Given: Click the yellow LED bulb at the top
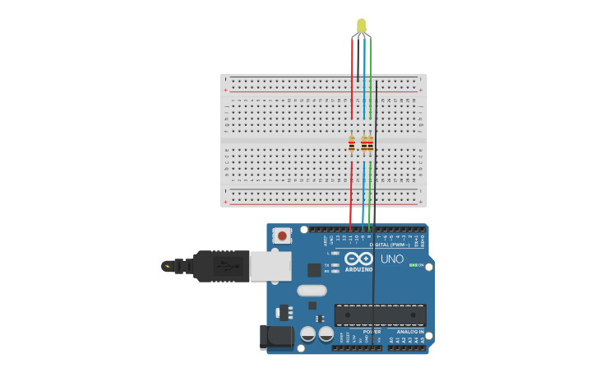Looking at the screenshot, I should tap(362, 26).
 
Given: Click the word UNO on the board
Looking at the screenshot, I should tap(392, 259).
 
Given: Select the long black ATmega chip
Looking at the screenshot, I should tap(380, 315).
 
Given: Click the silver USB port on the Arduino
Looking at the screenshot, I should tap(270, 266).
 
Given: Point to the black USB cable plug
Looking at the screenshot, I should tap(221, 266).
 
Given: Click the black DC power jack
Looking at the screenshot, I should tap(277, 337).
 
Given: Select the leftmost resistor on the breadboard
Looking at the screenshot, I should tap(352, 144).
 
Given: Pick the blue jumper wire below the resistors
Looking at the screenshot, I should tap(363, 193).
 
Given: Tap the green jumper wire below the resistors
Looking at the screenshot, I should tap(370, 193).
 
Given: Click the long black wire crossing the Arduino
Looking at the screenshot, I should tap(375, 280).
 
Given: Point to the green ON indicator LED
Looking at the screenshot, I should tap(413, 265).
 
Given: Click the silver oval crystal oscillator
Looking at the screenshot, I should tap(312, 290).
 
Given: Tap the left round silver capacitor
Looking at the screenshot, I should tap(308, 333).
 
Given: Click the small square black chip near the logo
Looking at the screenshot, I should tap(314, 269).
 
